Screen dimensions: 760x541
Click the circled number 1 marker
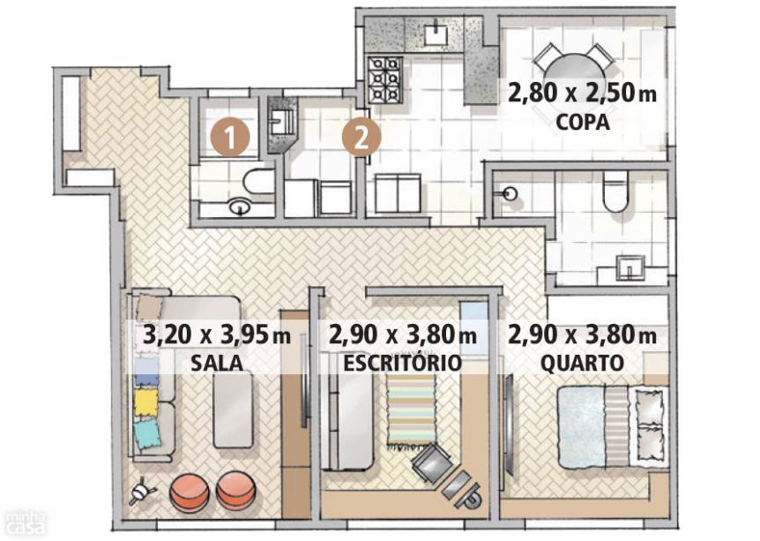[230, 138]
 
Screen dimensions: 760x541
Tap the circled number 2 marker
[361, 138]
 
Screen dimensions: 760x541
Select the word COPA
[583, 123]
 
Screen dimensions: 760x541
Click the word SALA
[217, 363]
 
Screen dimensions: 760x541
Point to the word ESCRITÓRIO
[402, 363]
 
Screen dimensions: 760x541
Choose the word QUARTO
[582, 363]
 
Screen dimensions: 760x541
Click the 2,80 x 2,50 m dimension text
[582, 93]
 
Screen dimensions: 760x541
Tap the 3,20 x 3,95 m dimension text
[217, 335]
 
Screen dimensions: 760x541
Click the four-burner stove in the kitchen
[386, 80]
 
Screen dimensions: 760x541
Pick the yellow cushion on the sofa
[146, 402]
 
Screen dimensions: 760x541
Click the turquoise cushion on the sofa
[147, 433]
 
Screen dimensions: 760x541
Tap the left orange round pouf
[190, 492]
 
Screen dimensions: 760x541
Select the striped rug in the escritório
[412, 410]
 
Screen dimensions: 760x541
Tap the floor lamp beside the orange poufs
[142, 492]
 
